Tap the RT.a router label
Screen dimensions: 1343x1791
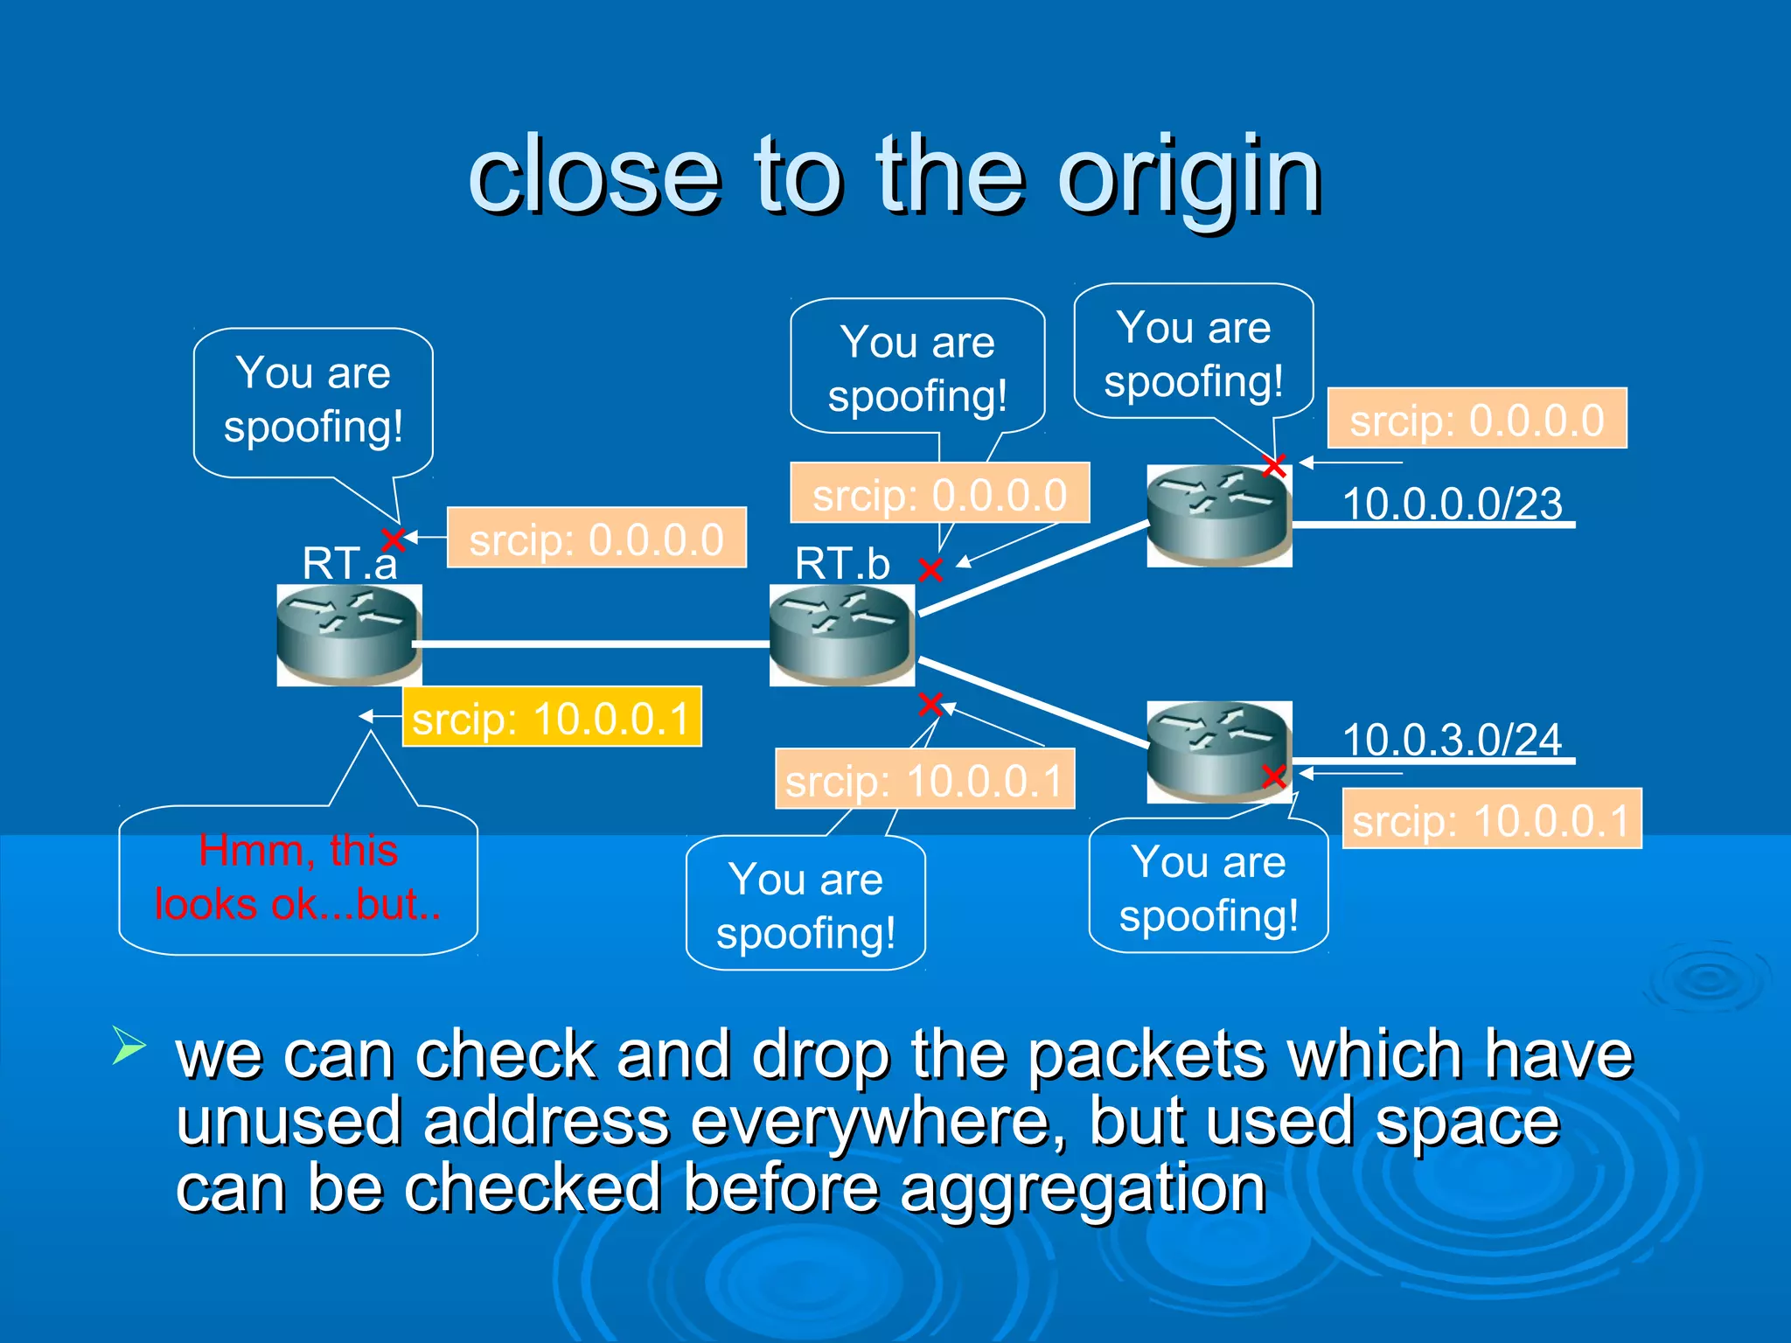(349, 562)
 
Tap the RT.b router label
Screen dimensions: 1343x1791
(841, 562)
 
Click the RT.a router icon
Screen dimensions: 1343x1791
(349, 635)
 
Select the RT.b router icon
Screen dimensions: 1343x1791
(841, 635)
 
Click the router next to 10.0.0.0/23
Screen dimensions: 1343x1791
(1219, 516)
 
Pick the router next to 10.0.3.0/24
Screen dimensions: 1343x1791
(1219, 752)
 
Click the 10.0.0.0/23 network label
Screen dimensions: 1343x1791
(1452, 504)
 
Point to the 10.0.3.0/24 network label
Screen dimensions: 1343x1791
(1452, 740)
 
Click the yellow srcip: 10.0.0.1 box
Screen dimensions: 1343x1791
(552, 718)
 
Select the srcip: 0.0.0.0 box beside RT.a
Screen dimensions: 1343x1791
(596, 538)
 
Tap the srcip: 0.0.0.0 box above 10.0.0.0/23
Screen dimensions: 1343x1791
(1477, 419)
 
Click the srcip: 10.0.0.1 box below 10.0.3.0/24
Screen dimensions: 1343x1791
(1492, 819)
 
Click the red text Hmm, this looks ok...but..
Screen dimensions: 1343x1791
(298, 877)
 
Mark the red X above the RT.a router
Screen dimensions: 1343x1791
(394, 538)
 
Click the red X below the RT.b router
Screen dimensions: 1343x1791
(930, 704)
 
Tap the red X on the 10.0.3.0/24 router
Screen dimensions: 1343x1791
(1274, 776)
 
